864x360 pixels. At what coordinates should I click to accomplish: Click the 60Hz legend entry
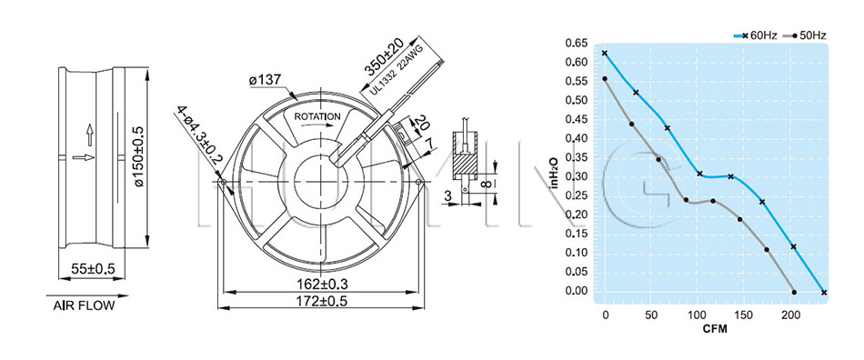pos(756,35)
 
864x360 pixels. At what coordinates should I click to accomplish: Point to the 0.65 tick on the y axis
pos(577,43)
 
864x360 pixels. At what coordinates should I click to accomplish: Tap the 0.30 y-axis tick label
pos(577,176)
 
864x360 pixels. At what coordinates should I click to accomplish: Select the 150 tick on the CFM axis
pos(744,315)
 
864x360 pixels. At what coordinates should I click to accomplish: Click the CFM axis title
pos(715,330)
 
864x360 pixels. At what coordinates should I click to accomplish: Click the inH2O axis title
pos(555,173)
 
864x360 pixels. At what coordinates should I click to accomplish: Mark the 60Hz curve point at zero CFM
pos(605,54)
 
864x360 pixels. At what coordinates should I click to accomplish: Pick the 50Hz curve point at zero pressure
pos(794,292)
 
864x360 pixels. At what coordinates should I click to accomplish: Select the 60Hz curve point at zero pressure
pos(824,293)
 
